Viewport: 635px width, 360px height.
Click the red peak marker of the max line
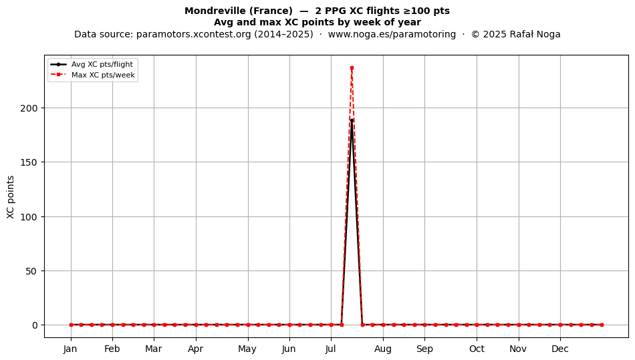click(x=352, y=68)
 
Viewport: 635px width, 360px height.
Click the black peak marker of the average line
click(x=352, y=120)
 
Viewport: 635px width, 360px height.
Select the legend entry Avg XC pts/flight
click(x=102, y=64)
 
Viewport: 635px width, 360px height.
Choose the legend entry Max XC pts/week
click(x=103, y=75)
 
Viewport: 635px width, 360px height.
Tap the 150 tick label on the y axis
click(x=29, y=162)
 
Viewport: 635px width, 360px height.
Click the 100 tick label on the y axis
click(x=29, y=217)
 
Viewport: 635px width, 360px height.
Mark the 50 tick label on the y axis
click(x=31, y=271)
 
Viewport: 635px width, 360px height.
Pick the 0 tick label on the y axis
click(x=35, y=325)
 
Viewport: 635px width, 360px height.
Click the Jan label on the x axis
click(x=70, y=349)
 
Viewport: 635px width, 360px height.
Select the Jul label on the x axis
click(x=331, y=349)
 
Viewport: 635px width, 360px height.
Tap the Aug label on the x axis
click(x=383, y=349)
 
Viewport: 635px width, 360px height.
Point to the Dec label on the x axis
click(x=560, y=349)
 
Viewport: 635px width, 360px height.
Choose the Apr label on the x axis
click(x=196, y=349)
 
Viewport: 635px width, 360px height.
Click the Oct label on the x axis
click(x=477, y=349)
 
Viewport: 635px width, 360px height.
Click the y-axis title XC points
click(x=11, y=197)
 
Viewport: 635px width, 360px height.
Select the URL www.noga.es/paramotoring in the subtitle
click(x=392, y=34)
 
